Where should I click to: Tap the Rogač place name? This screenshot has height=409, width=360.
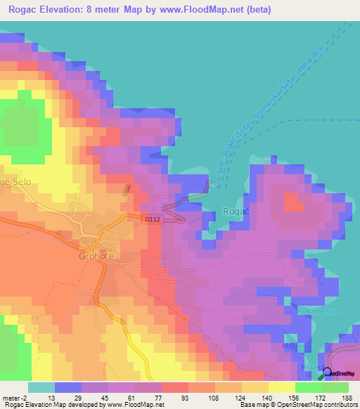[233, 211]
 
